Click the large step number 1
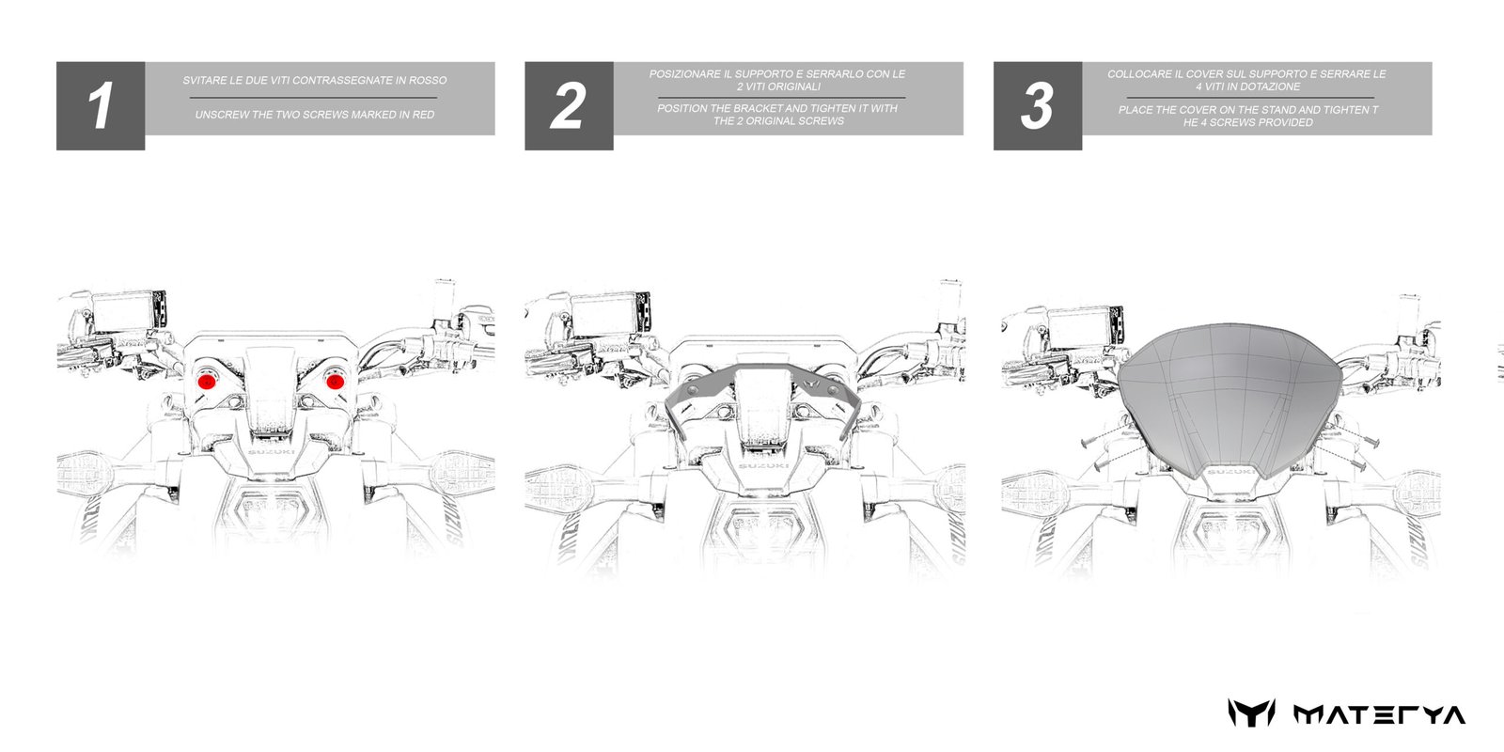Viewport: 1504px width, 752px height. (101, 105)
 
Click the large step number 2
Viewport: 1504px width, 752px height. (568, 105)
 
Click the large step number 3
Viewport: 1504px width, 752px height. (1037, 105)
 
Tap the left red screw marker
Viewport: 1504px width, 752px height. (207, 382)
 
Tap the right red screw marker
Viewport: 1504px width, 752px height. (335, 382)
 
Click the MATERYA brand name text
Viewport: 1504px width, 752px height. (1379, 715)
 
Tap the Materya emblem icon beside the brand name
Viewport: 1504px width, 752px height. (1251, 713)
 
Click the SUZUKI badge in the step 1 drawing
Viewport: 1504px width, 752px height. (272, 452)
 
